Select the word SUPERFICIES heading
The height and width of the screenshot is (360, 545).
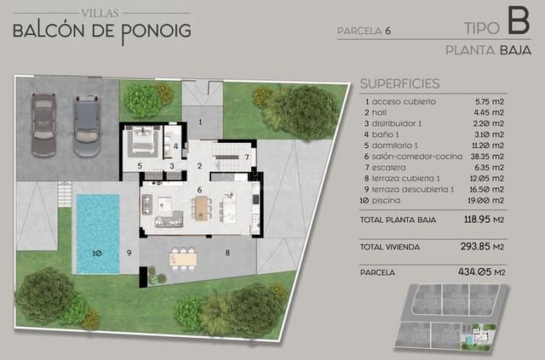pyautogui.click(x=399, y=84)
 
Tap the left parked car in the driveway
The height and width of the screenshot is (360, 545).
pyautogui.click(x=43, y=124)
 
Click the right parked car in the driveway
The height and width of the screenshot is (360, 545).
pyautogui.click(x=87, y=125)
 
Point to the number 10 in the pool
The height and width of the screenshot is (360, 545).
pyautogui.click(x=97, y=253)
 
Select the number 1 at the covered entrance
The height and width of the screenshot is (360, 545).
pyautogui.click(x=200, y=123)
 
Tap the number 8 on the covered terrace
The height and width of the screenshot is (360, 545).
pyautogui.click(x=227, y=253)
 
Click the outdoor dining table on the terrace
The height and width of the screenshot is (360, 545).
pyautogui.click(x=183, y=256)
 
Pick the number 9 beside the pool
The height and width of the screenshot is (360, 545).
pyautogui.click(x=129, y=253)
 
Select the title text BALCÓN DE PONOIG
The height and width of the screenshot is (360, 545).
pyautogui.click(x=101, y=31)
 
